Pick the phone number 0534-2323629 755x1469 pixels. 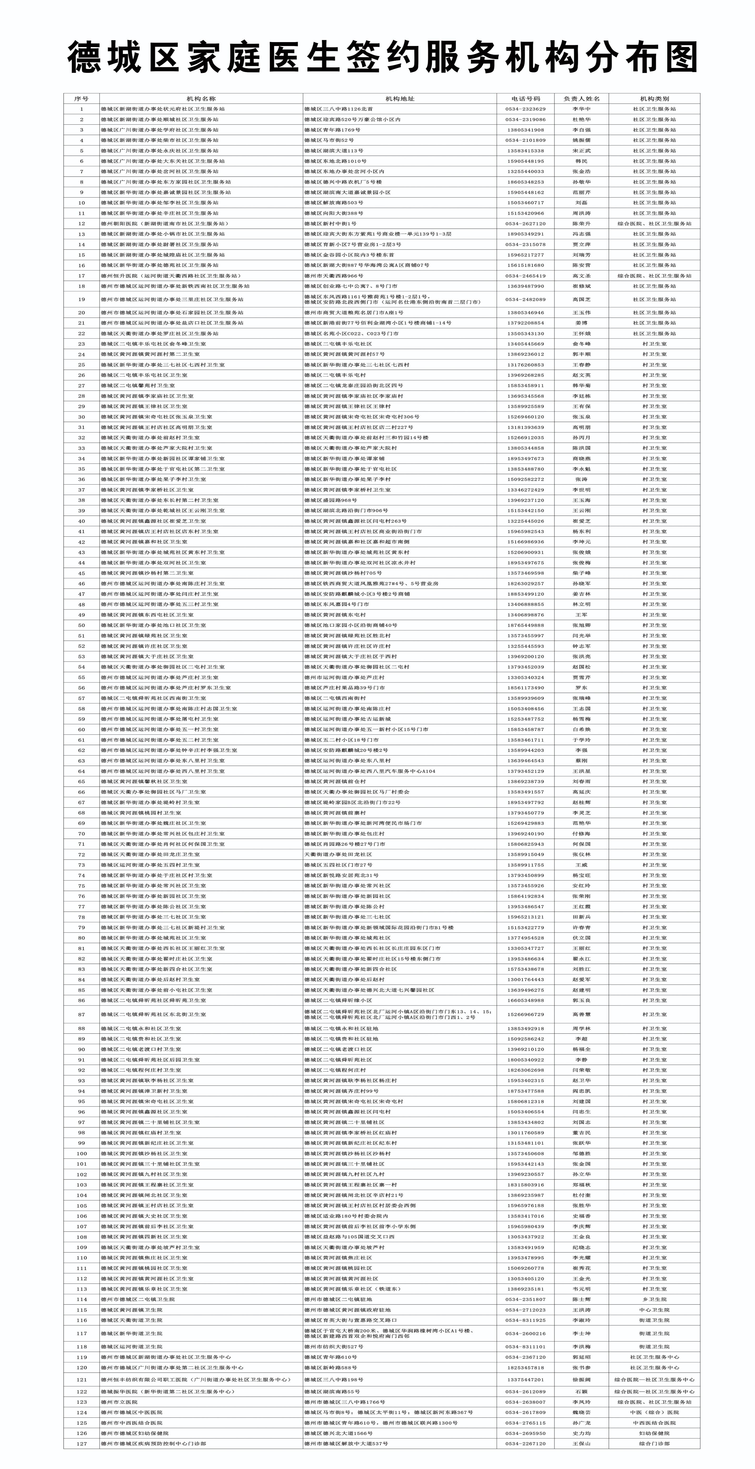tap(525, 109)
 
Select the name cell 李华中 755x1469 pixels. tap(582, 109)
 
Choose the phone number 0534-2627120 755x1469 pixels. tap(525, 224)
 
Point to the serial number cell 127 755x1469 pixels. tap(82, 1443)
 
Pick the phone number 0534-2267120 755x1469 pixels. tap(525, 1443)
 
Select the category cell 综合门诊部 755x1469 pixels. tap(654, 1443)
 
